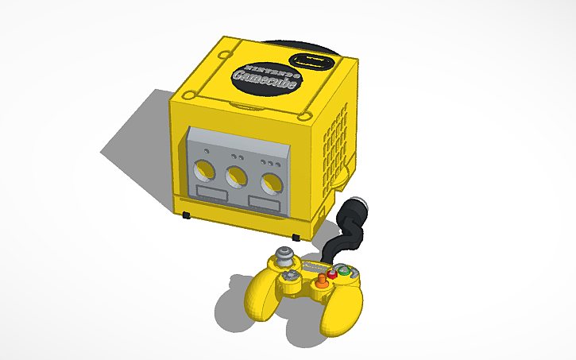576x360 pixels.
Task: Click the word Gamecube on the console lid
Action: pos(265,79)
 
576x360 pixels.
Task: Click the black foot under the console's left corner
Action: pos(186,215)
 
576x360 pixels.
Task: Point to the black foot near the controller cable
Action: pos(296,237)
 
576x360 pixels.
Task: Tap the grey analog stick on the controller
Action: pos(284,257)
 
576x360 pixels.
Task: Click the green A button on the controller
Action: pos(344,272)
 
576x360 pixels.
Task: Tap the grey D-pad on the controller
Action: pos(292,276)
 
